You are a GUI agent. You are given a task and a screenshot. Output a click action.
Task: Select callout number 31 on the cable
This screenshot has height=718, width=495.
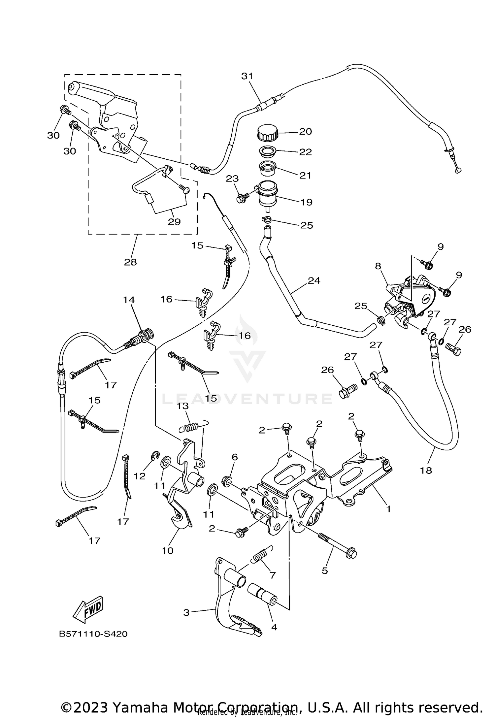247,76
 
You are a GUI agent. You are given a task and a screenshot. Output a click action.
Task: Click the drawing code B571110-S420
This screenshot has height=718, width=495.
93,634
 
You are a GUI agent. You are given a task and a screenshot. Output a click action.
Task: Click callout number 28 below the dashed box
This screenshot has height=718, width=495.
130,262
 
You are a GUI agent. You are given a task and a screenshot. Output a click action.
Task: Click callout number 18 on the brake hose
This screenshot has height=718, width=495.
426,470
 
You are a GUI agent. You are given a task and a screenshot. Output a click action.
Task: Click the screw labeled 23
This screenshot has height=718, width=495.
242,198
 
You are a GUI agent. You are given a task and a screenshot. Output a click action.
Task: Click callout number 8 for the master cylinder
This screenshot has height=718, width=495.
378,266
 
